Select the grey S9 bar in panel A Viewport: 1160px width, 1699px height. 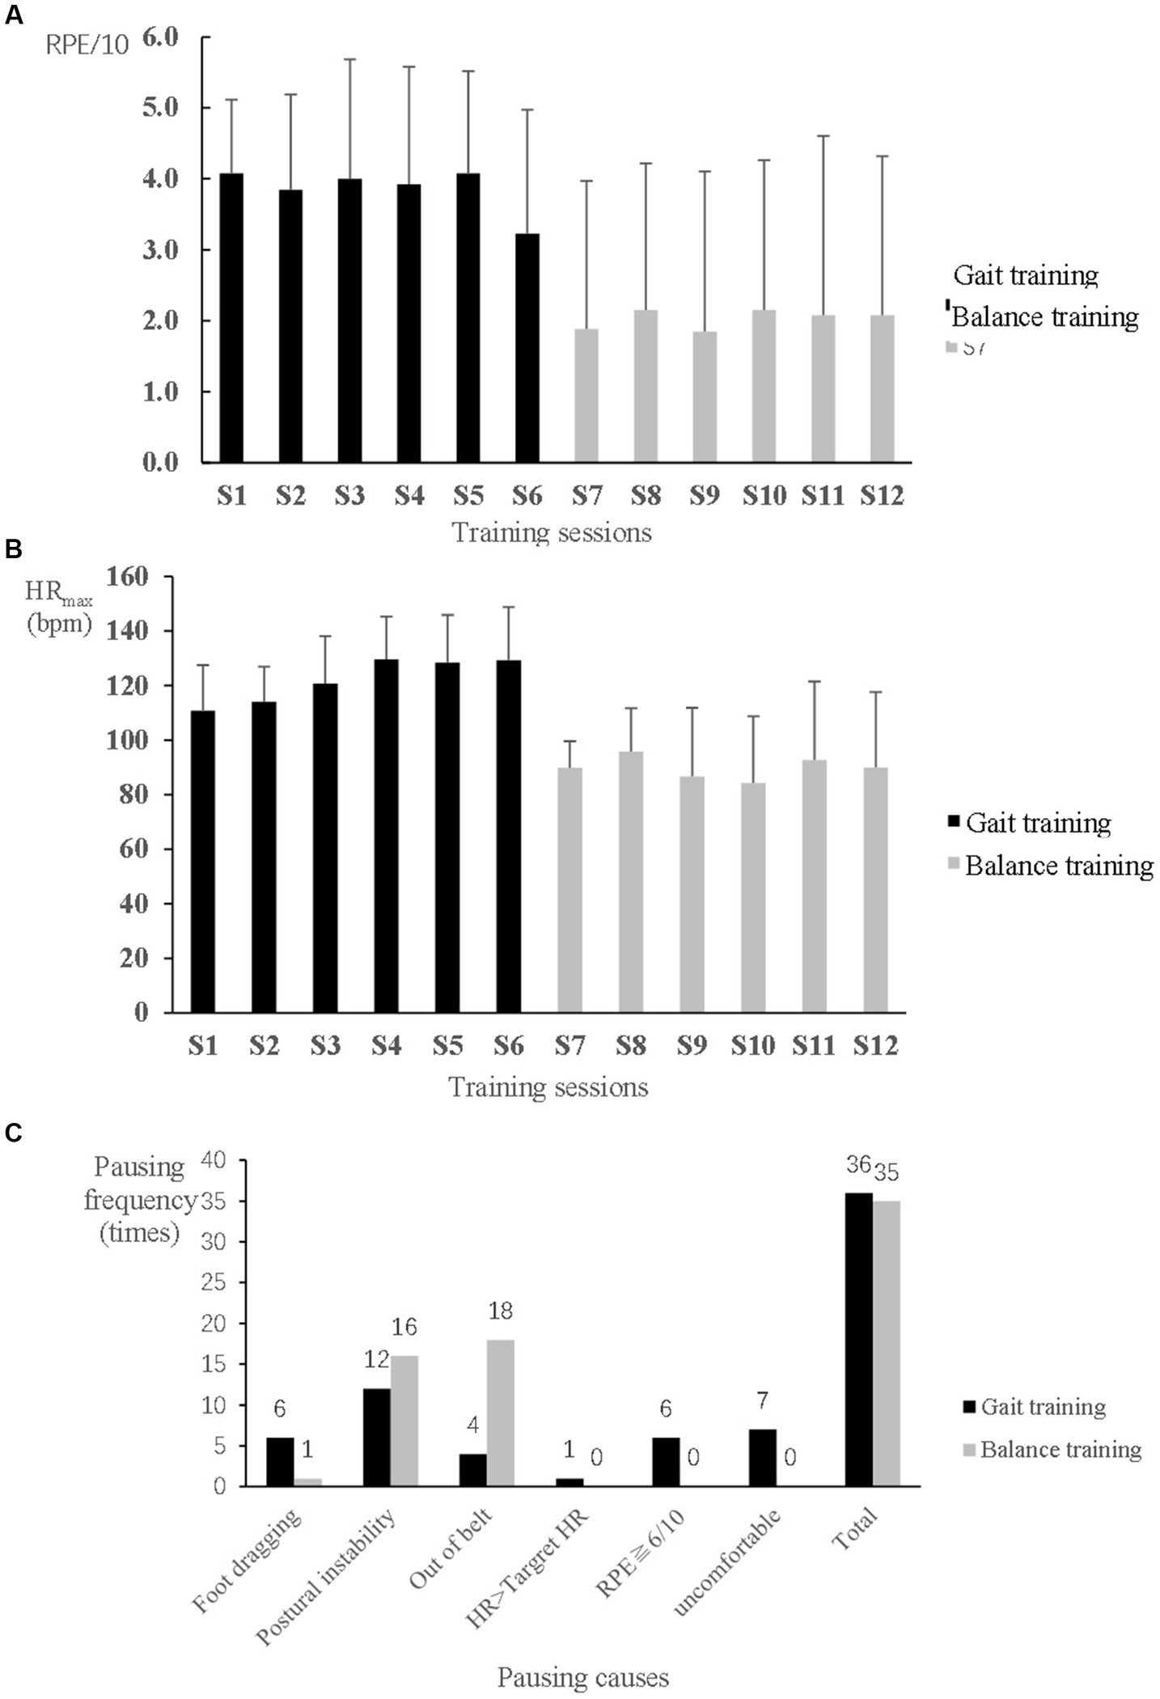[x=705, y=396]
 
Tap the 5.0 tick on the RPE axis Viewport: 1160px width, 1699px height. [x=160, y=108]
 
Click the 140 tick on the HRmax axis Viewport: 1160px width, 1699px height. [x=127, y=631]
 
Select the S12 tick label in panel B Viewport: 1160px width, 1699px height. [x=876, y=1046]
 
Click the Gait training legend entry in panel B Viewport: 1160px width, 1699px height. [x=1038, y=823]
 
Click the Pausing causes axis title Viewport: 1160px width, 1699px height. [x=582, y=1677]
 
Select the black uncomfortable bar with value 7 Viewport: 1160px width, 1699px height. [x=763, y=1457]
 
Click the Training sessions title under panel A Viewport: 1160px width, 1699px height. [x=552, y=533]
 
